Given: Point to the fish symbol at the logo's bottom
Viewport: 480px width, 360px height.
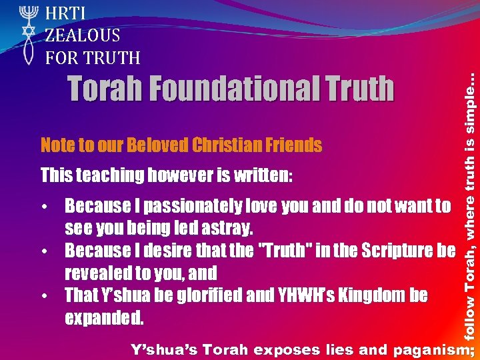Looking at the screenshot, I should [x=27, y=52].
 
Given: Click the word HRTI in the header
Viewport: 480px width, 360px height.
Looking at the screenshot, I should [x=66, y=13].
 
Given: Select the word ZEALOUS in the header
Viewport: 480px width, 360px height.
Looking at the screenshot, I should [x=83, y=35].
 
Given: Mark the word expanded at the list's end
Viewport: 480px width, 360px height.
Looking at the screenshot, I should [x=104, y=317].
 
